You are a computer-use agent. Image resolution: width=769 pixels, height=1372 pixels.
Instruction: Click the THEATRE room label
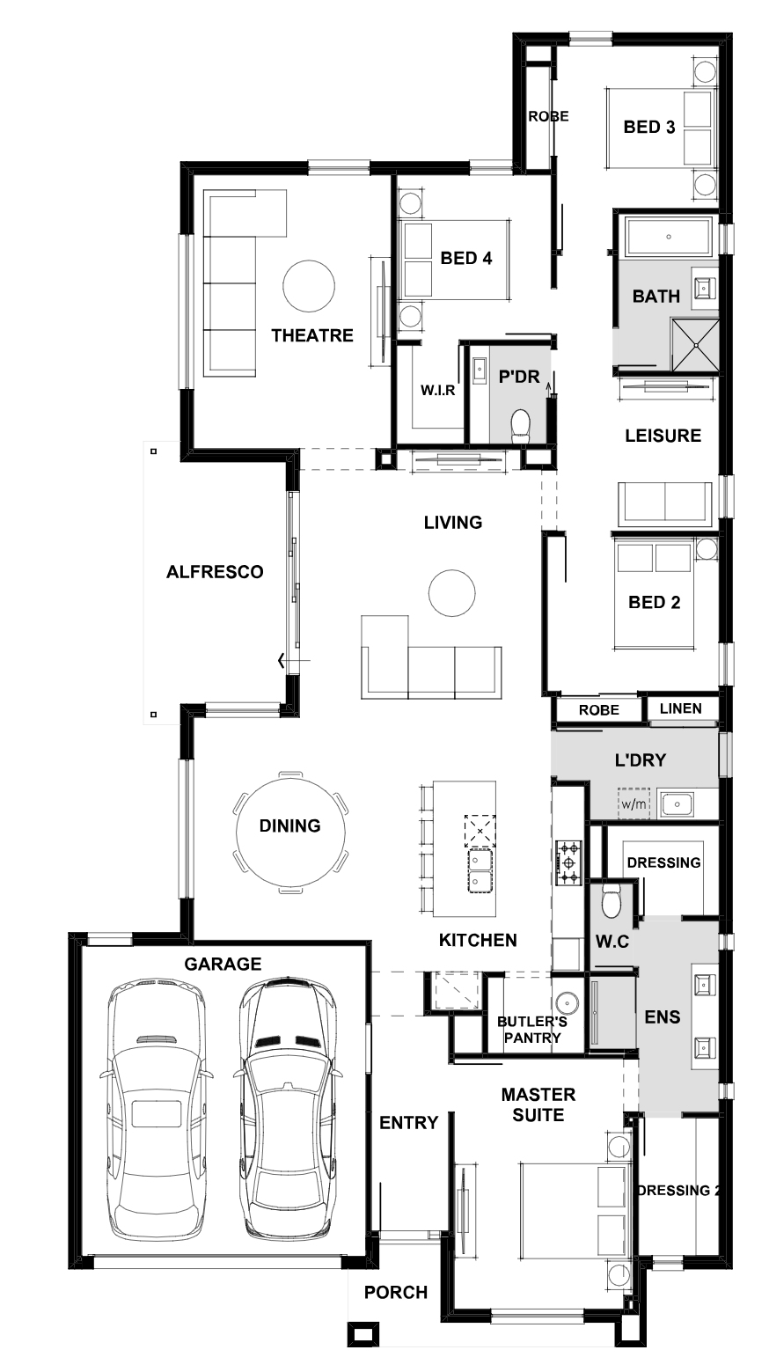pyautogui.click(x=312, y=335)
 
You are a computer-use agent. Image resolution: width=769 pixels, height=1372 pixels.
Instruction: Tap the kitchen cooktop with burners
pyautogui.click(x=568, y=862)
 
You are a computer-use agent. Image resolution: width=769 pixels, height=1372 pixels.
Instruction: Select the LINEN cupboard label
pyautogui.click(x=681, y=708)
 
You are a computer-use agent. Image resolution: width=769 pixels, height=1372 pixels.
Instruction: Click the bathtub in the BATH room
pyautogui.click(x=669, y=237)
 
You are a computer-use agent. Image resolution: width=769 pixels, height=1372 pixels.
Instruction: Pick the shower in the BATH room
pyautogui.click(x=695, y=345)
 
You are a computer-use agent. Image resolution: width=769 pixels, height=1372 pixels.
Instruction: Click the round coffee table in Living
pyautogui.click(x=452, y=593)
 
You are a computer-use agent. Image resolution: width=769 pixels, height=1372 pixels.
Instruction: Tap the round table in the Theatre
pyautogui.click(x=309, y=287)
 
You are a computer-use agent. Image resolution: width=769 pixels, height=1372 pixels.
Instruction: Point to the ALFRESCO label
pyautogui.click(x=215, y=572)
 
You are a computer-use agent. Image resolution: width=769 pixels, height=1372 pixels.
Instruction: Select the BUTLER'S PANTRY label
pyautogui.click(x=532, y=1030)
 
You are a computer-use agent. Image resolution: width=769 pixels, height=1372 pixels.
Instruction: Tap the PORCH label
pyautogui.click(x=396, y=1293)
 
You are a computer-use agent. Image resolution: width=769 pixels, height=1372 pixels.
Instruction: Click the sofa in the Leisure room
pyautogui.click(x=665, y=504)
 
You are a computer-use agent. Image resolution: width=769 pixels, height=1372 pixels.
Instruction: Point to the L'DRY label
pyautogui.click(x=641, y=760)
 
